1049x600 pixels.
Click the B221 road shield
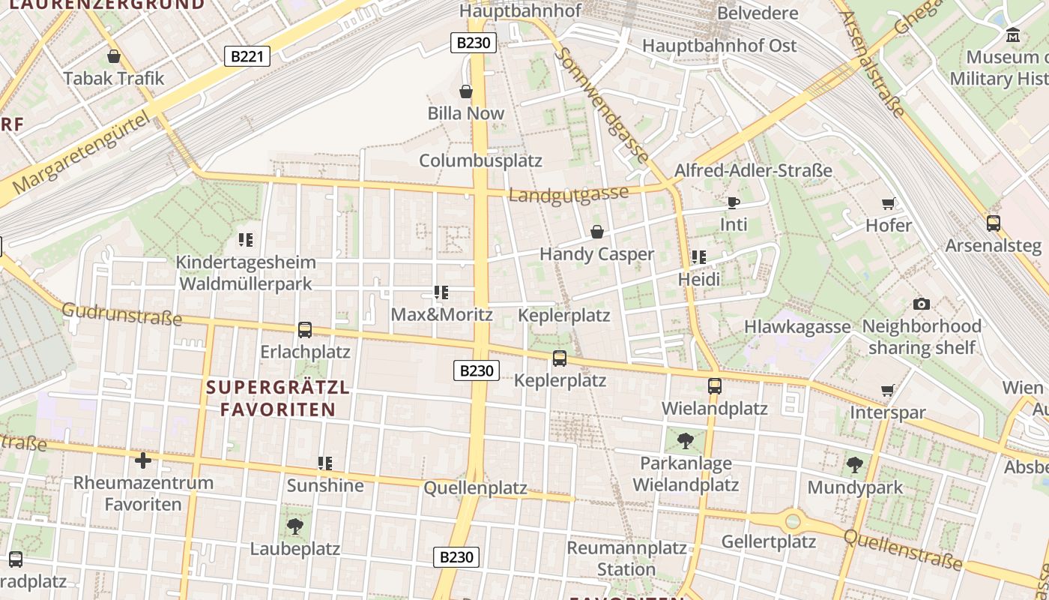click(247, 56)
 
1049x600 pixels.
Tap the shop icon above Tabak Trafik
click(114, 56)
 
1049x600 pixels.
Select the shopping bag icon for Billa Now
click(466, 91)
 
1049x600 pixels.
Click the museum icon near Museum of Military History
click(1013, 34)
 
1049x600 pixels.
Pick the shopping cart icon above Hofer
click(889, 203)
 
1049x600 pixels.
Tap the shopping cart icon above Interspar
click(888, 390)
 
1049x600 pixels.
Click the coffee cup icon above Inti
click(733, 202)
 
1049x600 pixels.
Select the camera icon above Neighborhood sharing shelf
click(922, 304)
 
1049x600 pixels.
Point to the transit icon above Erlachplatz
click(305, 329)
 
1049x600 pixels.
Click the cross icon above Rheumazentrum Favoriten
click(143, 460)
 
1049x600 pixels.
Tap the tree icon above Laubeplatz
click(295, 526)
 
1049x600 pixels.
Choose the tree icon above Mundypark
click(854, 465)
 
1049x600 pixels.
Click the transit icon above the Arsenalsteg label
click(993, 223)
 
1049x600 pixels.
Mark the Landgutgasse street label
click(569, 195)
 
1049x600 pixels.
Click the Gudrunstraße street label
click(121, 314)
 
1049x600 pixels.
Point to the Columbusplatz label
click(480, 160)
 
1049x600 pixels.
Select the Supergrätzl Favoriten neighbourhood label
click(278, 398)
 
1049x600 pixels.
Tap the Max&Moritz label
click(441, 314)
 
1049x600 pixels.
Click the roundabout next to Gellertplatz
click(793, 520)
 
